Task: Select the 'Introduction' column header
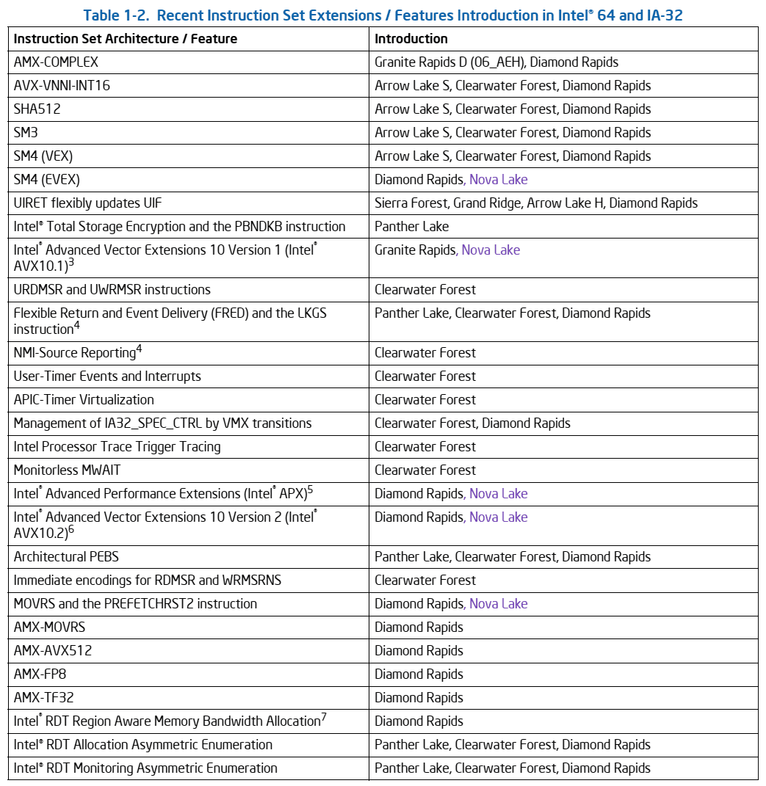tap(411, 39)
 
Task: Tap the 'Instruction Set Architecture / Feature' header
tap(126, 39)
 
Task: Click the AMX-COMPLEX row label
tap(56, 62)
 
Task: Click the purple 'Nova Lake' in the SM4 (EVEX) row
tap(498, 180)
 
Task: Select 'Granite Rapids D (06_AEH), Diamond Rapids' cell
tap(496, 62)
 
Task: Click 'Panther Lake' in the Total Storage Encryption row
tap(411, 227)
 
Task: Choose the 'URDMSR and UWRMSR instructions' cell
tap(112, 290)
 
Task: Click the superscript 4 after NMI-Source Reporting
tap(139, 349)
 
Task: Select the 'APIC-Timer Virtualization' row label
tap(84, 400)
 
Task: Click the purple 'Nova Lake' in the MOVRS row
tap(498, 604)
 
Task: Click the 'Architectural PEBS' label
tap(66, 557)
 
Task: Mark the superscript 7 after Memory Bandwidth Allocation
tap(324, 717)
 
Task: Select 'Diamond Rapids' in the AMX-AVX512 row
tap(419, 651)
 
